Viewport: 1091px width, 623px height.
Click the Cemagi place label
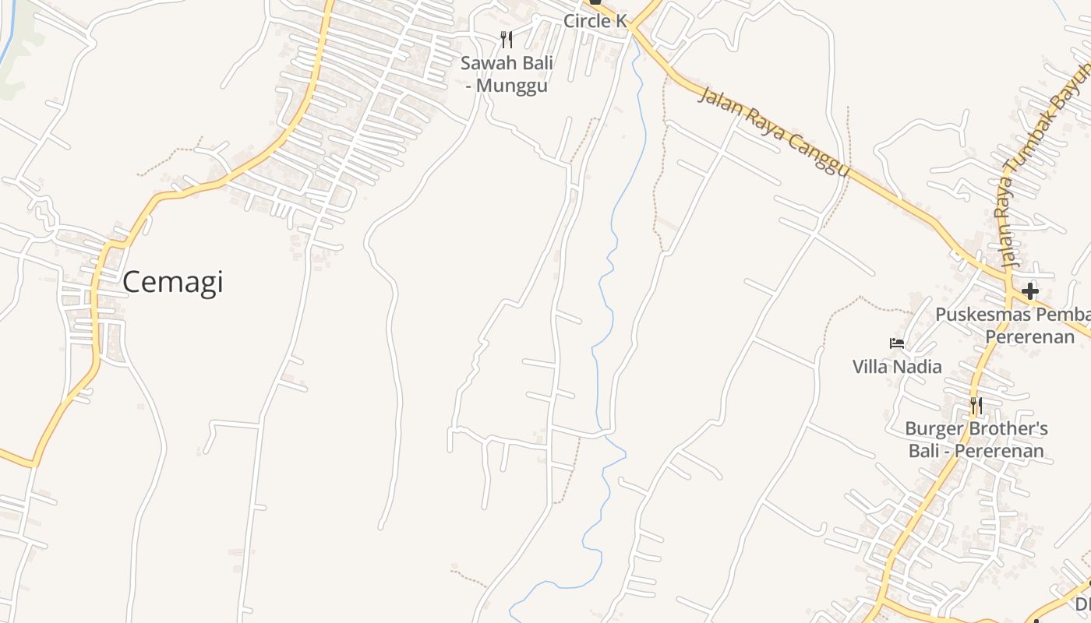[172, 282]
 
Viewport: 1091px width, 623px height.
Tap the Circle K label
[595, 21]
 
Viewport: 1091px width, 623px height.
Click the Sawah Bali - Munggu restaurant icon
[507, 39]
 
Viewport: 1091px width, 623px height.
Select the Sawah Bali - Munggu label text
[507, 74]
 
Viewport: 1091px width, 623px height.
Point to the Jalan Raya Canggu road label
[772, 132]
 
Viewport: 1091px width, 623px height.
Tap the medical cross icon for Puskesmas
[1030, 291]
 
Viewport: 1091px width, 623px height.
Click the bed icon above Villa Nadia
[897, 343]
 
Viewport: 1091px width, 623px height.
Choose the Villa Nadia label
[897, 366]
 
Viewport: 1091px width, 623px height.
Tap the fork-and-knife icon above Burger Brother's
[976, 405]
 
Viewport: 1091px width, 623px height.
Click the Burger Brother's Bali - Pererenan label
[976, 440]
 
